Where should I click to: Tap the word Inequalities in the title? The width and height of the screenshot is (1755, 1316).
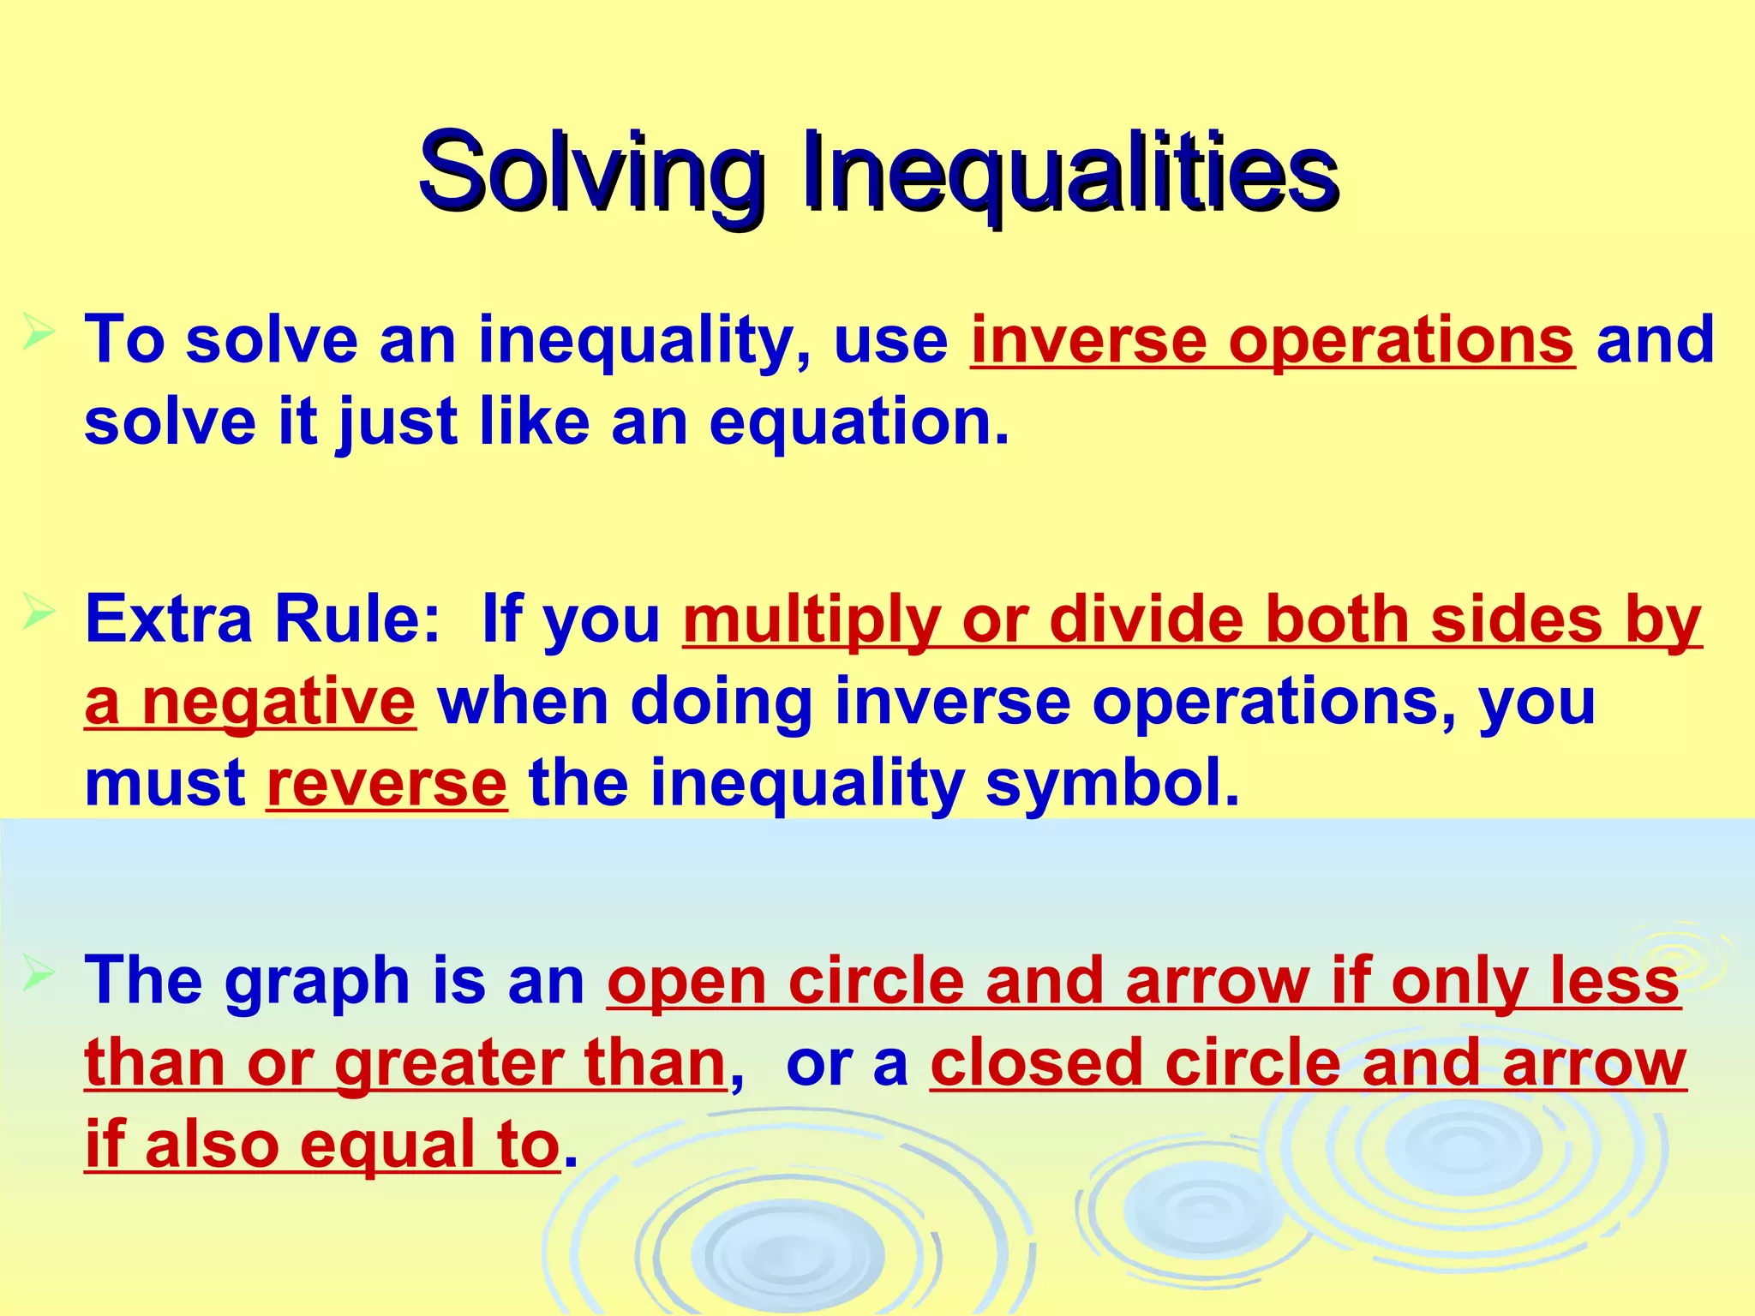[1070, 173]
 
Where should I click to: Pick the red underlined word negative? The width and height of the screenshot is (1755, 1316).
[279, 703]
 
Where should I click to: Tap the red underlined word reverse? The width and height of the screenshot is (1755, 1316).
[386, 784]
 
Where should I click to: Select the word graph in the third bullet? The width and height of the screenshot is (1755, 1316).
[317, 982]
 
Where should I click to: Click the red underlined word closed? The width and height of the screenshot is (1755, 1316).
[1037, 1063]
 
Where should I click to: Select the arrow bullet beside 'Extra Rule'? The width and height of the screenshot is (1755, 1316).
[39, 612]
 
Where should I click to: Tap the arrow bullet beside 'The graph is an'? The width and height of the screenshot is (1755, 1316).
[39, 974]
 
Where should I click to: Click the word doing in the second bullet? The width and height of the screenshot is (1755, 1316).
[721, 703]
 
